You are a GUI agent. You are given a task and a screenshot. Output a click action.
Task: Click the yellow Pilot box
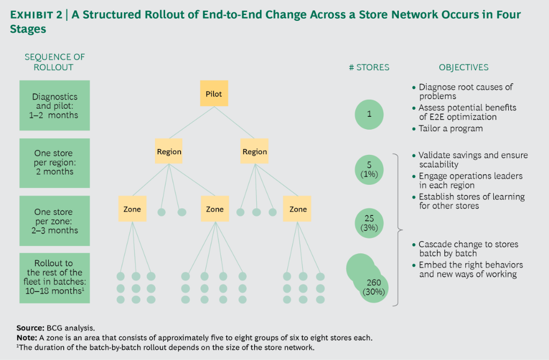pos(213,94)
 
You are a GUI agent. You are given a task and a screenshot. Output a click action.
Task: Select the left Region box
pos(169,151)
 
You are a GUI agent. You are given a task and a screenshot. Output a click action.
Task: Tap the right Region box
pos(255,151)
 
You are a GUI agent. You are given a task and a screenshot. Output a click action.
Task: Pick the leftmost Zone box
pos(132,209)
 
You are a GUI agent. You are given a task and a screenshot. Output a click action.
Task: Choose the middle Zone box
pos(214,209)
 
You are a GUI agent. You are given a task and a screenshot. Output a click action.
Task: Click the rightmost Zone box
pos(298,209)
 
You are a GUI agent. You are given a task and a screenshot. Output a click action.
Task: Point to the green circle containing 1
pos(369,114)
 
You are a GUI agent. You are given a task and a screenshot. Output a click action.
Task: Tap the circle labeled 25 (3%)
pos(369,222)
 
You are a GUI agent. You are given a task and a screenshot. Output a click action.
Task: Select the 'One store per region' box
pos(54,162)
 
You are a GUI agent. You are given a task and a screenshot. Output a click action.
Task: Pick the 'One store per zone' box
pos(54,221)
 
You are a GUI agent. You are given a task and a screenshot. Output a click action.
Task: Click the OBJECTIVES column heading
pos(463,67)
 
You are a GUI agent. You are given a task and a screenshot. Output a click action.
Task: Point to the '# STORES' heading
pos(369,67)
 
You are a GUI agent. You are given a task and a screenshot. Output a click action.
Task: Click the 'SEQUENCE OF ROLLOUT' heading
pos(54,62)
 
